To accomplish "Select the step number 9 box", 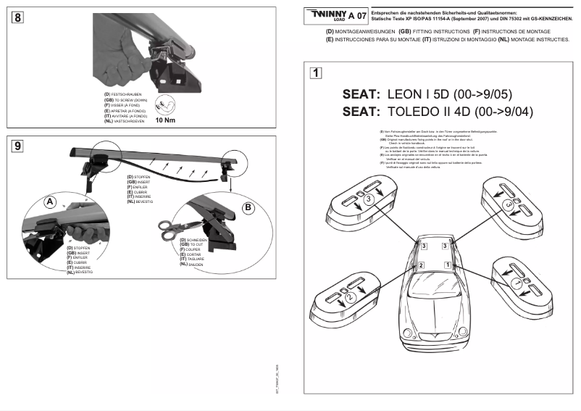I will pyautogui.click(x=17, y=146).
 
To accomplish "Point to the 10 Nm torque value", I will pyautogui.click(x=166, y=121).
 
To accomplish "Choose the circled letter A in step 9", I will pyautogui.click(x=49, y=202).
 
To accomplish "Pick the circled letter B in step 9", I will pyautogui.click(x=248, y=207).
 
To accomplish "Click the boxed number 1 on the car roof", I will pyautogui.click(x=448, y=266).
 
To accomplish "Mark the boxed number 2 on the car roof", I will pyautogui.click(x=421, y=266).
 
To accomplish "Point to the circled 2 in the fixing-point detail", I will pyautogui.click(x=349, y=296).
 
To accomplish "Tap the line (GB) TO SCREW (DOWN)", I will pyautogui.click(x=126, y=100).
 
